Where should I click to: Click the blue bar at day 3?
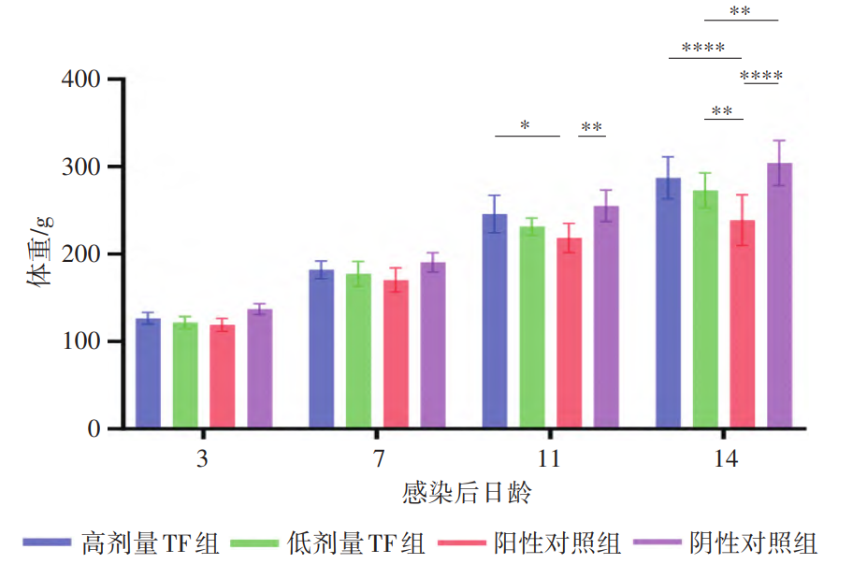(x=148, y=373)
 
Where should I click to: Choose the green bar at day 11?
(x=531, y=327)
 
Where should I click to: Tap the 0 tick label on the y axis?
(x=94, y=429)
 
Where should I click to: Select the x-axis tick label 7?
(x=377, y=460)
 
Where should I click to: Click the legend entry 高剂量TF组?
(x=150, y=542)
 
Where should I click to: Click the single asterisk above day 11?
(x=526, y=125)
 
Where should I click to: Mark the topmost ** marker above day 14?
(x=740, y=11)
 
